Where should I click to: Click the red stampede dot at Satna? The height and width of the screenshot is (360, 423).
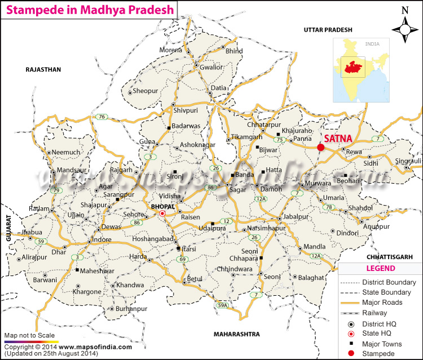(x=321, y=147)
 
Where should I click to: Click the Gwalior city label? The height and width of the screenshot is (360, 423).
(x=211, y=66)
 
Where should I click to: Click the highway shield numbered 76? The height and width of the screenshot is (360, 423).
(x=102, y=117)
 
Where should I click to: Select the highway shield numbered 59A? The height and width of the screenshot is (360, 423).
(x=223, y=305)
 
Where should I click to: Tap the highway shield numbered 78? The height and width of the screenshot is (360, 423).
(x=327, y=207)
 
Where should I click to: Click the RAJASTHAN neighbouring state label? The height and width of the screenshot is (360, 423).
(x=43, y=69)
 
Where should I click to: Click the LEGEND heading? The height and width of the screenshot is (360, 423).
(x=380, y=268)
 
